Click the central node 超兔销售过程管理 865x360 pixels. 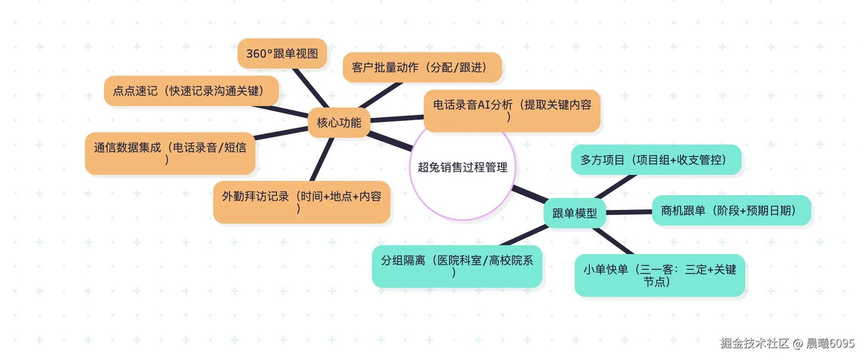click(x=462, y=168)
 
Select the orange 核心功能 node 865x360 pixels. click(x=339, y=123)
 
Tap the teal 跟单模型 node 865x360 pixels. click(x=574, y=213)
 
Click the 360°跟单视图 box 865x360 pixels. click(x=282, y=54)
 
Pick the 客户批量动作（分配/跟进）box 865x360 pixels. click(x=421, y=68)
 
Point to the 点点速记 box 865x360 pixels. click(x=191, y=91)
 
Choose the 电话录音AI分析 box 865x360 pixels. click(x=512, y=110)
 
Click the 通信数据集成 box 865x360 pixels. click(x=170, y=153)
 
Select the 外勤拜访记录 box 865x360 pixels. click(x=301, y=202)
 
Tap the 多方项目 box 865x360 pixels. click(x=656, y=160)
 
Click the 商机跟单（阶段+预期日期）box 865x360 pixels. click(x=731, y=210)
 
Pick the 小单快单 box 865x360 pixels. click(x=659, y=275)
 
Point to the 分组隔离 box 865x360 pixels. click(x=456, y=266)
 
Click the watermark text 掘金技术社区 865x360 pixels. click(x=755, y=343)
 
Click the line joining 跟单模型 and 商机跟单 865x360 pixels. click(x=629, y=212)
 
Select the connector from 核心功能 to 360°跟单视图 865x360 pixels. click(x=311, y=88)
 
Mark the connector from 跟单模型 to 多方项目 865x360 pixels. click(x=615, y=187)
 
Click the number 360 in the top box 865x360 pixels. click(x=256, y=54)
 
